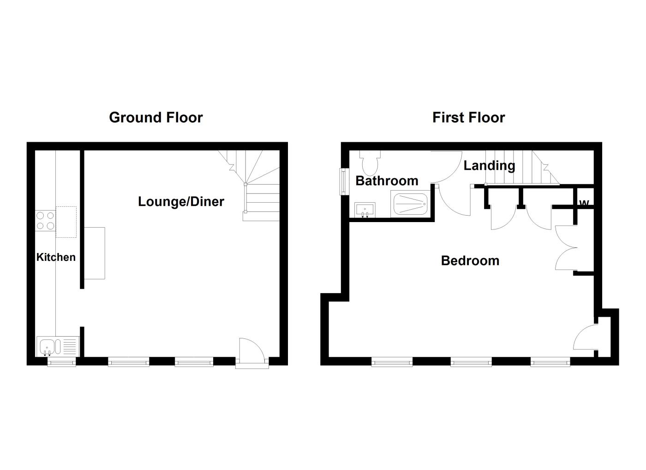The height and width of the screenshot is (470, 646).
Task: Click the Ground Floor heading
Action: coord(156,118)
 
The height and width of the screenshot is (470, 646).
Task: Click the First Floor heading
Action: coord(469,118)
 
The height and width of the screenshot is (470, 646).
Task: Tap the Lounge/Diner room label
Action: coord(181,201)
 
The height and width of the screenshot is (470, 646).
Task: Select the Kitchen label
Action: coord(56,257)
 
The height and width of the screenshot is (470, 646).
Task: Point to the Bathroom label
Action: coord(387,181)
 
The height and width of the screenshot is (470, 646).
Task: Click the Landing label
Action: coord(489,166)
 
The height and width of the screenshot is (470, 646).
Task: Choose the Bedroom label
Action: coord(470,261)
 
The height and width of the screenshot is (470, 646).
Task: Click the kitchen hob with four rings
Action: coord(45,221)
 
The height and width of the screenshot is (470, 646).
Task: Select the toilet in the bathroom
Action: coord(370,162)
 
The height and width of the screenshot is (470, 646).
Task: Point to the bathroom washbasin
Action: coord(365,210)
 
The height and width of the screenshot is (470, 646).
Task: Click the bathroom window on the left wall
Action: coord(344,181)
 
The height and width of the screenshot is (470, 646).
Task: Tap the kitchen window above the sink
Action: coord(61,362)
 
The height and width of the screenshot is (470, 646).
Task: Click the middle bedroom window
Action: coord(471,362)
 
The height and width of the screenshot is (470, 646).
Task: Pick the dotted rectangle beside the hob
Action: coord(66,222)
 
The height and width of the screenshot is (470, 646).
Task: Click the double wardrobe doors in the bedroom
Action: coord(567,248)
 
